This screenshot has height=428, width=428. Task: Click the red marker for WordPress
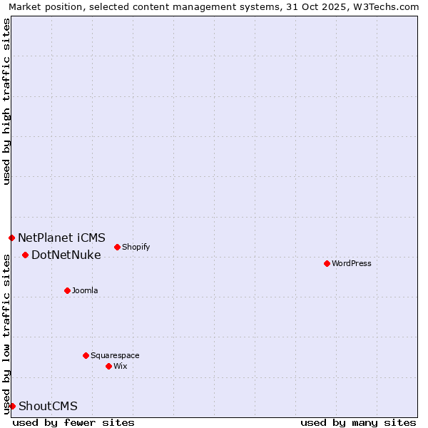point(327,263)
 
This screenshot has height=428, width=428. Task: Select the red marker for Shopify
point(117,247)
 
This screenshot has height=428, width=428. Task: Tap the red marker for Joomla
point(67,290)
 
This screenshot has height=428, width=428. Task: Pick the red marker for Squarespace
point(86,355)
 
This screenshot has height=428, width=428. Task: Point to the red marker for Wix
point(108,366)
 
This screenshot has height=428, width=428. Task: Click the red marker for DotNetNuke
point(25,255)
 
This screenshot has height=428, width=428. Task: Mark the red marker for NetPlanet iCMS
point(11,238)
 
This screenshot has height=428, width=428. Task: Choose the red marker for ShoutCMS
point(12,406)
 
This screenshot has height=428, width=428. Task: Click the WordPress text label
point(352,263)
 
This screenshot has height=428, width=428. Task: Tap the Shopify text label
point(136,247)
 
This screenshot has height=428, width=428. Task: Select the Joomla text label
point(85,290)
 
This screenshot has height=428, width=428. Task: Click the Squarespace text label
point(115,355)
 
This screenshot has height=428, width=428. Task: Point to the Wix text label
point(120,366)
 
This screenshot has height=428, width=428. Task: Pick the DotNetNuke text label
point(66,255)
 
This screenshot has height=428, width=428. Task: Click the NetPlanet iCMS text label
point(61,238)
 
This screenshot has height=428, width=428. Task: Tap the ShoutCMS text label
point(48,406)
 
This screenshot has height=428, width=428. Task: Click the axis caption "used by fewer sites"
point(73,422)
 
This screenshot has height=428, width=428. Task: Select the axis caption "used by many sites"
point(358,422)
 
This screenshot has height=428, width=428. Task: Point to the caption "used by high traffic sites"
point(6,101)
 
